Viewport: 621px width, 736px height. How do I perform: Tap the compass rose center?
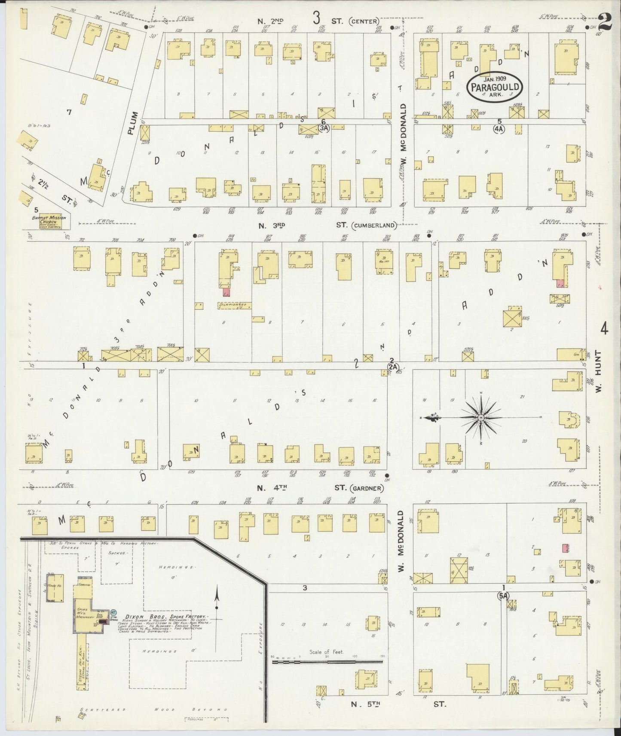[x=481, y=417]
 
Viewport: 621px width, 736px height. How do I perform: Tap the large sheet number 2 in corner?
[x=605, y=20]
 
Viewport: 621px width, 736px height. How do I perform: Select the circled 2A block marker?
[x=393, y=367]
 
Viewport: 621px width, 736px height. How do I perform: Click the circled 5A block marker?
[x=503, y=596]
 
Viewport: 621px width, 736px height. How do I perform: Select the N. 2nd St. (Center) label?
[x=318, y=21]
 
